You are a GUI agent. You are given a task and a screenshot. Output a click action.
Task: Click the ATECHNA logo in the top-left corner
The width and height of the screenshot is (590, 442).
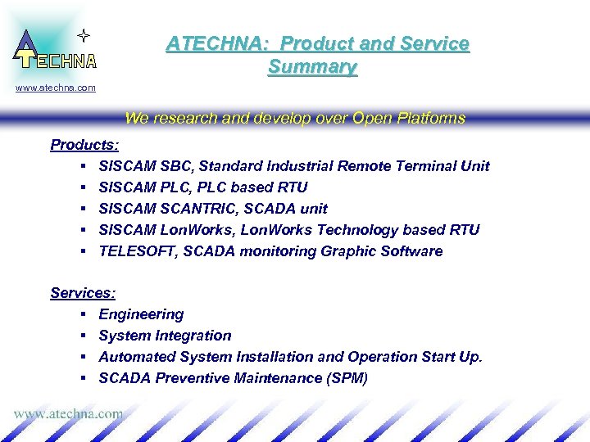[54, 51]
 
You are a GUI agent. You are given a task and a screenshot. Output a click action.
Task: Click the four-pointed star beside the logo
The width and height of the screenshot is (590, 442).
[82, 35]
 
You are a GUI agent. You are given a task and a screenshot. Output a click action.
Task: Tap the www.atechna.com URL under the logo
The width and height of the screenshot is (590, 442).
[56, 88]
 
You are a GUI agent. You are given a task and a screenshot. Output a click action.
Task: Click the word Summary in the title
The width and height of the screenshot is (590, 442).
[312, 67]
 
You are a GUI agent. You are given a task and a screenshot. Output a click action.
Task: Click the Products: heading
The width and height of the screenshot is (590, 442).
[84, 145]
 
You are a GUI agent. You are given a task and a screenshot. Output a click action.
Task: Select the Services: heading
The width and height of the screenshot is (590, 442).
[83, 293]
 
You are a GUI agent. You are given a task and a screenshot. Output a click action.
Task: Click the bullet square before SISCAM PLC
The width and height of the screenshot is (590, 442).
[84, 188]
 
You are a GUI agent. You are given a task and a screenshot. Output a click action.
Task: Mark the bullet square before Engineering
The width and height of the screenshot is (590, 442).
[84, 315]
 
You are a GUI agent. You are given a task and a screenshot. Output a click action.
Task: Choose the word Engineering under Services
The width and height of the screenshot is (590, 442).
[141, 314]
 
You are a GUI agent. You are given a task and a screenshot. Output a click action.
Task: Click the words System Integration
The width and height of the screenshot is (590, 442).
[165, 336]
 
